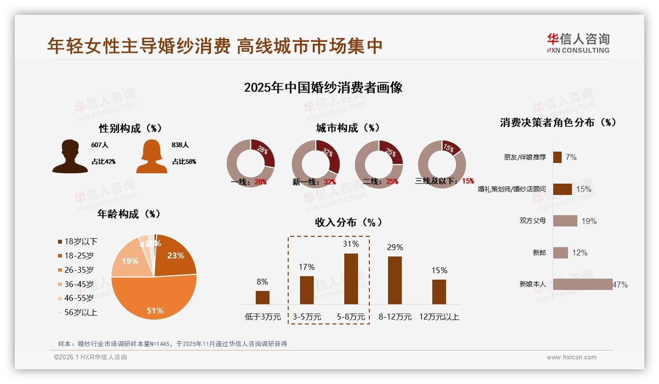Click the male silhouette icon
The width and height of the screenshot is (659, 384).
tap(70, 156)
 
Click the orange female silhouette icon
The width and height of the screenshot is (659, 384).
tap(151, 156)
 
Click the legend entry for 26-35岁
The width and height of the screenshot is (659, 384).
tap(79, 270)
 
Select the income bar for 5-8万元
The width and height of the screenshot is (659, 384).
tap(351, 279)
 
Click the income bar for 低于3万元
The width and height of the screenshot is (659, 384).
tap(263, 297)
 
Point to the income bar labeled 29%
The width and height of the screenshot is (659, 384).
tap(394, 280)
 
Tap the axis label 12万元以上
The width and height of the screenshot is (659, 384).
tap(439, 317)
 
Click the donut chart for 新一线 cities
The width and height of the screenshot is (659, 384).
tap(315, 164)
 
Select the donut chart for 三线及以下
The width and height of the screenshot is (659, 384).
tap(441, 164)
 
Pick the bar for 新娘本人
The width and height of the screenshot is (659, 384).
tap(582, 284)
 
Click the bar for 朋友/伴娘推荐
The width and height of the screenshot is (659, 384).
tap(557, 157)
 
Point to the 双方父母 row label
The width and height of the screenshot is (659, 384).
tap(533, 221)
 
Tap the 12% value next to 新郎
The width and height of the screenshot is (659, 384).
tap(579, 253)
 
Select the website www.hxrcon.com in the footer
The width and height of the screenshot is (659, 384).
tap(571, 357)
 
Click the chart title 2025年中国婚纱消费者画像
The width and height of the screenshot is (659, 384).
tap(323, 88)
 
